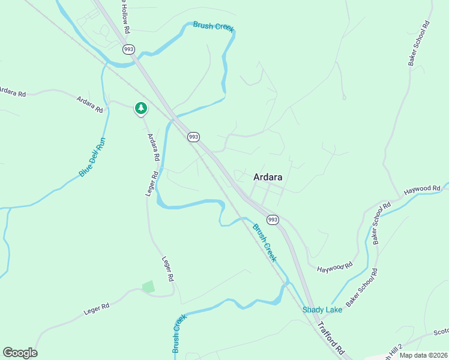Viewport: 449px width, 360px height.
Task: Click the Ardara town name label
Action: pos(268,177)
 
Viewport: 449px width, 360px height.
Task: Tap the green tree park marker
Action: pos(140,108)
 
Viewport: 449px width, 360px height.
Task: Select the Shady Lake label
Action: pos(322,310)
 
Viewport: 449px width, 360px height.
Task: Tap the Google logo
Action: pos(20,353)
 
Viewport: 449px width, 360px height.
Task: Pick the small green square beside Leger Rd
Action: pos(148,287)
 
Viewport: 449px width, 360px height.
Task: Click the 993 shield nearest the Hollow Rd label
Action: pos(128,49)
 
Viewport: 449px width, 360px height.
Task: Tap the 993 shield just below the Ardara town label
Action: pos(273,220)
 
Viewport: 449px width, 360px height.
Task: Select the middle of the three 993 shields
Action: pos(193,137)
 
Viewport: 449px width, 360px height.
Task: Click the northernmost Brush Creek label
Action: pos(212,26)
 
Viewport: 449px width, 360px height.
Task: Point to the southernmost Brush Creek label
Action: pos(178,335)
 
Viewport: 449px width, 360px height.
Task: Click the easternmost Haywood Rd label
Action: pos(422,190)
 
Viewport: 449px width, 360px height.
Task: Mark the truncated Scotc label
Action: pos(441,331)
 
